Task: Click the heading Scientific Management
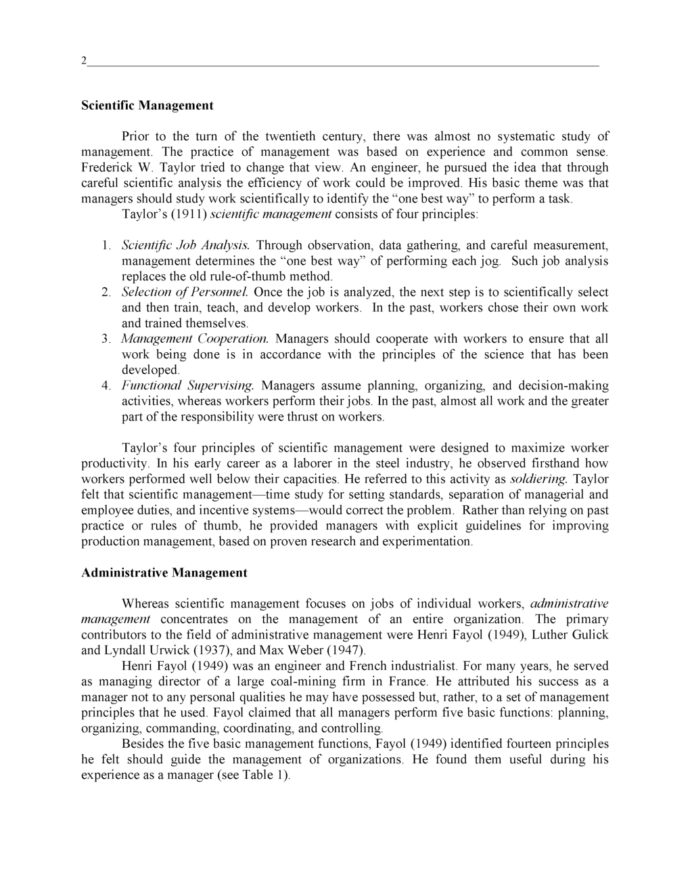(147, 106)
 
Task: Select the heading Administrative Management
(164, 573)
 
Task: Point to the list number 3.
(106, 339)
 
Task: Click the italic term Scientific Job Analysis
(185, 245)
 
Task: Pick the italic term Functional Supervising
(187, 386)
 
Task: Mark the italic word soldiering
(538, 480)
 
